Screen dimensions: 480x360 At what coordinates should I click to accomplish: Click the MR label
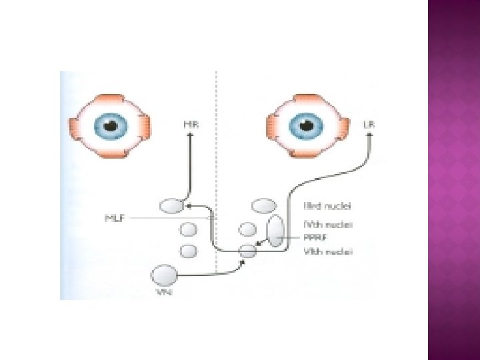coord(189,123)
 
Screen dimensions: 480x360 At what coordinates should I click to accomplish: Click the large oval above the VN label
coord(165,274)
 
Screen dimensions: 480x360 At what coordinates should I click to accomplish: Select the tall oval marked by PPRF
coord(275,230)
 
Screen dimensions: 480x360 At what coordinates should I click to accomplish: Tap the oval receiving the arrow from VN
coord(247,251)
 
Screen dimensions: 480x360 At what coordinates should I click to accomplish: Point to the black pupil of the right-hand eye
coord(307,125)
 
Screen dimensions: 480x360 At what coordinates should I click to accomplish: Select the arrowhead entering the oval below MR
coord(189,206)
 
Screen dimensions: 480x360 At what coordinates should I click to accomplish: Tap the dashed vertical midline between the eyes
coord(217,167)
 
